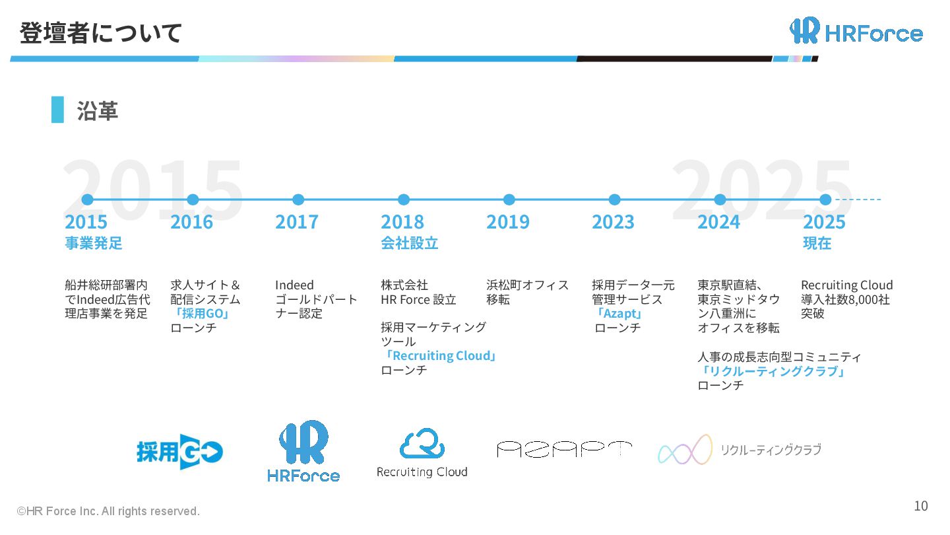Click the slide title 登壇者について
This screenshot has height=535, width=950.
[100, 32]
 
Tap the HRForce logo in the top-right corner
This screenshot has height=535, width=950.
[856, 31]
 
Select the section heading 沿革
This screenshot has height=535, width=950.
[97, 110]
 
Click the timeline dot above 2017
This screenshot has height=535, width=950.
[298, 199]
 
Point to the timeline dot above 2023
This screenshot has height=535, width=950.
[614, 199]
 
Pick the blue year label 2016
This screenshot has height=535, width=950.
[191, 222]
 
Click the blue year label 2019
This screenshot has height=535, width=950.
[508, 222]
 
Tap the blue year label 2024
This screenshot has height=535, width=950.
[718, 222]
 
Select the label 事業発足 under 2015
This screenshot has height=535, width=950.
[94, 243]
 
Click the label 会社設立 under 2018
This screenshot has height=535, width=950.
[409, 243]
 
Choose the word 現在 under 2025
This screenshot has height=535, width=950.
[817, 243]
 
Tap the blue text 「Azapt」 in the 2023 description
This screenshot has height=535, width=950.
[618, 314]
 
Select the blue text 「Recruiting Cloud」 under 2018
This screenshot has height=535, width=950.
[439, 356]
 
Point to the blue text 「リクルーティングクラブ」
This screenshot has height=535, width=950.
[773, 371]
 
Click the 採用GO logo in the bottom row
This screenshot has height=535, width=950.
[179, 452]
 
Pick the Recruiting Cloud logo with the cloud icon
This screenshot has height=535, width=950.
[422, 453]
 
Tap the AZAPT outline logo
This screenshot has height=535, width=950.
[564, 450]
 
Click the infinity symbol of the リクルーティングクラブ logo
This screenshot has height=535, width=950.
[685, 450]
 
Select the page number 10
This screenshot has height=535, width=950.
[920, 506]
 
